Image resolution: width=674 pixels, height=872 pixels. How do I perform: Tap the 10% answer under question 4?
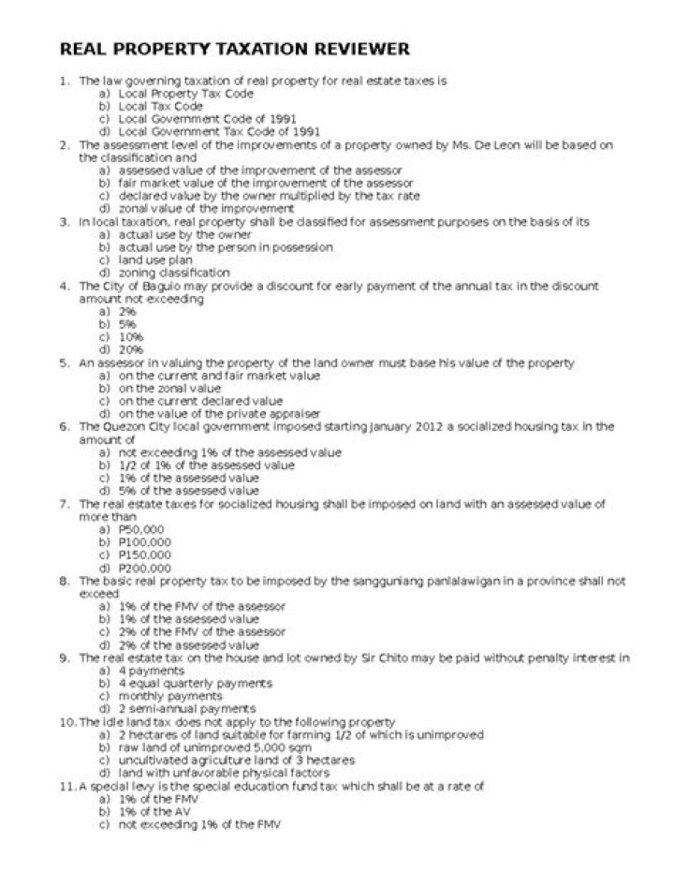[130, 336]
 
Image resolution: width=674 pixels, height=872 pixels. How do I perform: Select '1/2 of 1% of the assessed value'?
[206, 465]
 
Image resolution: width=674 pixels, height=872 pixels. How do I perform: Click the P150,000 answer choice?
[144, 554]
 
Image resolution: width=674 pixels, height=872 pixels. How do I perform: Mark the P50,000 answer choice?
[140, 529]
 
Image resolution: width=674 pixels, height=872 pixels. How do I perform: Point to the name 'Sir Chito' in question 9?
[388, 658]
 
